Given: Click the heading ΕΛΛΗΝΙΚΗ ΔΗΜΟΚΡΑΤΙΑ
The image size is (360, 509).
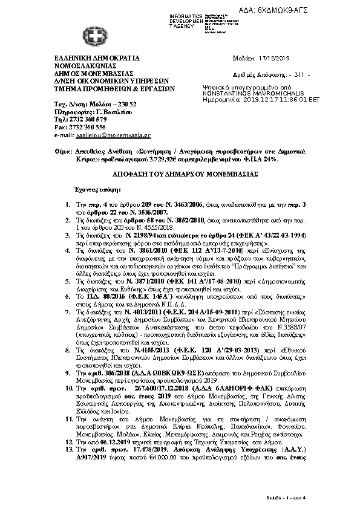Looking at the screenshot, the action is [97, 58].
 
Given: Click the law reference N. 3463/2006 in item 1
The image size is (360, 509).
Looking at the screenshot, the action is [165, 206].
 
